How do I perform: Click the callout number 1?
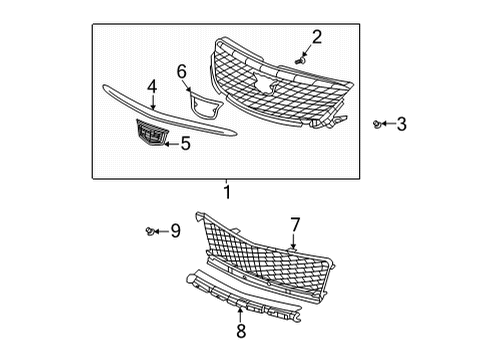[227, 192]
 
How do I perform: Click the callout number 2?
[317, 38]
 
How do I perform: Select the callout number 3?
[401, 124]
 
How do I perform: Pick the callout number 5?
[186, 143]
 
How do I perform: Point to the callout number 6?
[182, 71]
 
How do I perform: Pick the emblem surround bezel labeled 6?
[206, 106]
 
